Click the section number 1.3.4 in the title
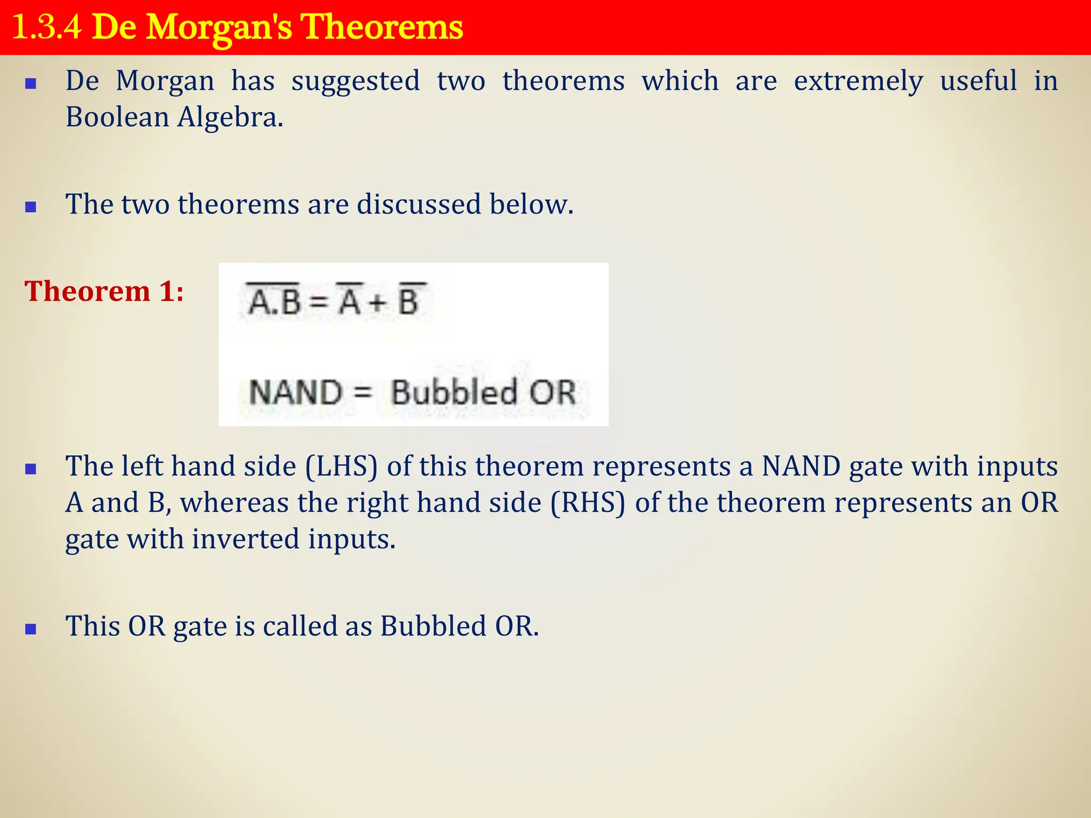pos(47,28)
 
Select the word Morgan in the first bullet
pos(165,81)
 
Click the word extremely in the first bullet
pos(858,81)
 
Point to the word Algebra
pos(230,117)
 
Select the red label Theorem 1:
pos(104,292)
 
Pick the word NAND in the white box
pos(296,392)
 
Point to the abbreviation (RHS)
pos(588,503)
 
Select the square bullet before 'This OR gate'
pos(31,629)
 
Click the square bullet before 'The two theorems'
pos(31,207)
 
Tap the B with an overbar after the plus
pos(409,301)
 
